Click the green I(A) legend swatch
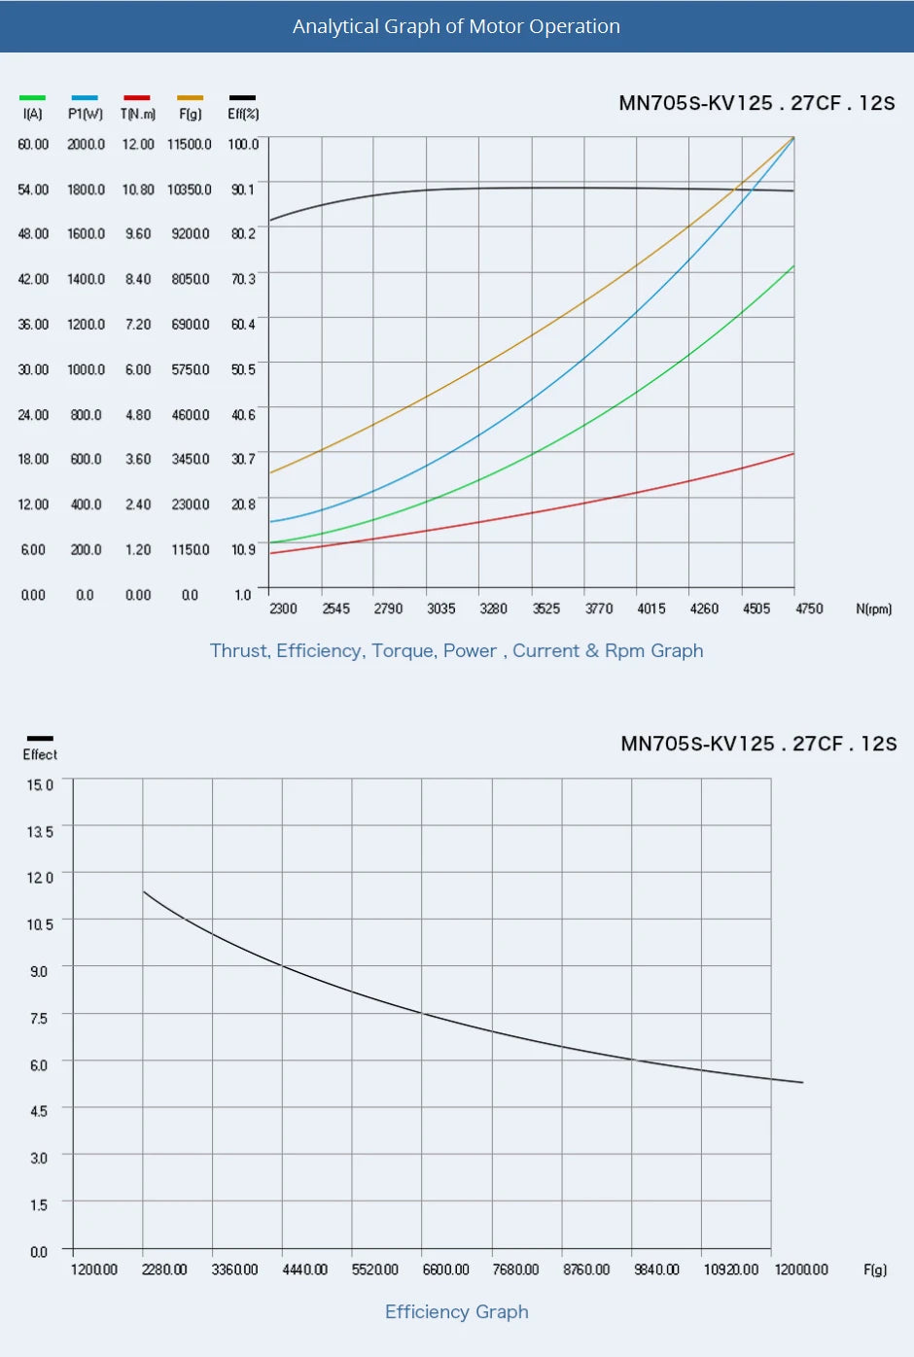point(32,98)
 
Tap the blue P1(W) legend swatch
point(85,98)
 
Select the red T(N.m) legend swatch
point(137,98)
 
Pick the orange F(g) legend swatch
point(191,98)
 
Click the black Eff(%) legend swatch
point(242,98)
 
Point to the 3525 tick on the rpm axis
point(546,609)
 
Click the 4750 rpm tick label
point(809,609)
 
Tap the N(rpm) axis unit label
point(873,609)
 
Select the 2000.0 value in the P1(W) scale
point(86,144)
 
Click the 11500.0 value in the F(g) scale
point(189,144)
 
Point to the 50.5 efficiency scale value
point(243,369)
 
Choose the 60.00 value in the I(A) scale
point(33,144)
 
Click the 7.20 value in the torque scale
point(138,325)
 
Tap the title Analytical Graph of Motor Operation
point(456,26)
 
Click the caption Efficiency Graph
point(457,1312)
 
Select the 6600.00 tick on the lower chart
point(445,1270)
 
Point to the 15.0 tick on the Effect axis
point(40,784)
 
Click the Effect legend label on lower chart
point(40,754)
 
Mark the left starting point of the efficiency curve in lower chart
point(144,891)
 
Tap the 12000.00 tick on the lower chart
point(801,1270)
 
